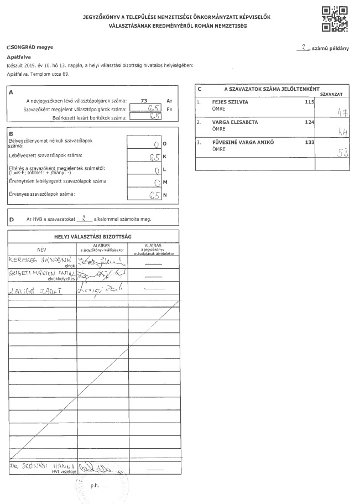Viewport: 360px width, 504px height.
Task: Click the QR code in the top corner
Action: pyautogui.click(x=335, y=19)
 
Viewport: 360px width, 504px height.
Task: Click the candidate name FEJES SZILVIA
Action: pyautogui.click(x=230, y=103)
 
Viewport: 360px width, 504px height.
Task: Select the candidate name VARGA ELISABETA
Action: pyautogui.click(x=235, y=122)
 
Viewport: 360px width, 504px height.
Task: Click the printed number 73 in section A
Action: pyautogui.click(x=144, y=101)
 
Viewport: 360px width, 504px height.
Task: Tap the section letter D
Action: pyautogui.click(x=12, y=220)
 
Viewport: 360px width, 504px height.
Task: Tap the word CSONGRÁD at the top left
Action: pyautogui.click(x=23, y=48)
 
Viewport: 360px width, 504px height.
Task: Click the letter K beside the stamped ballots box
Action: pyautogui.click(x=164, y=157)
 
